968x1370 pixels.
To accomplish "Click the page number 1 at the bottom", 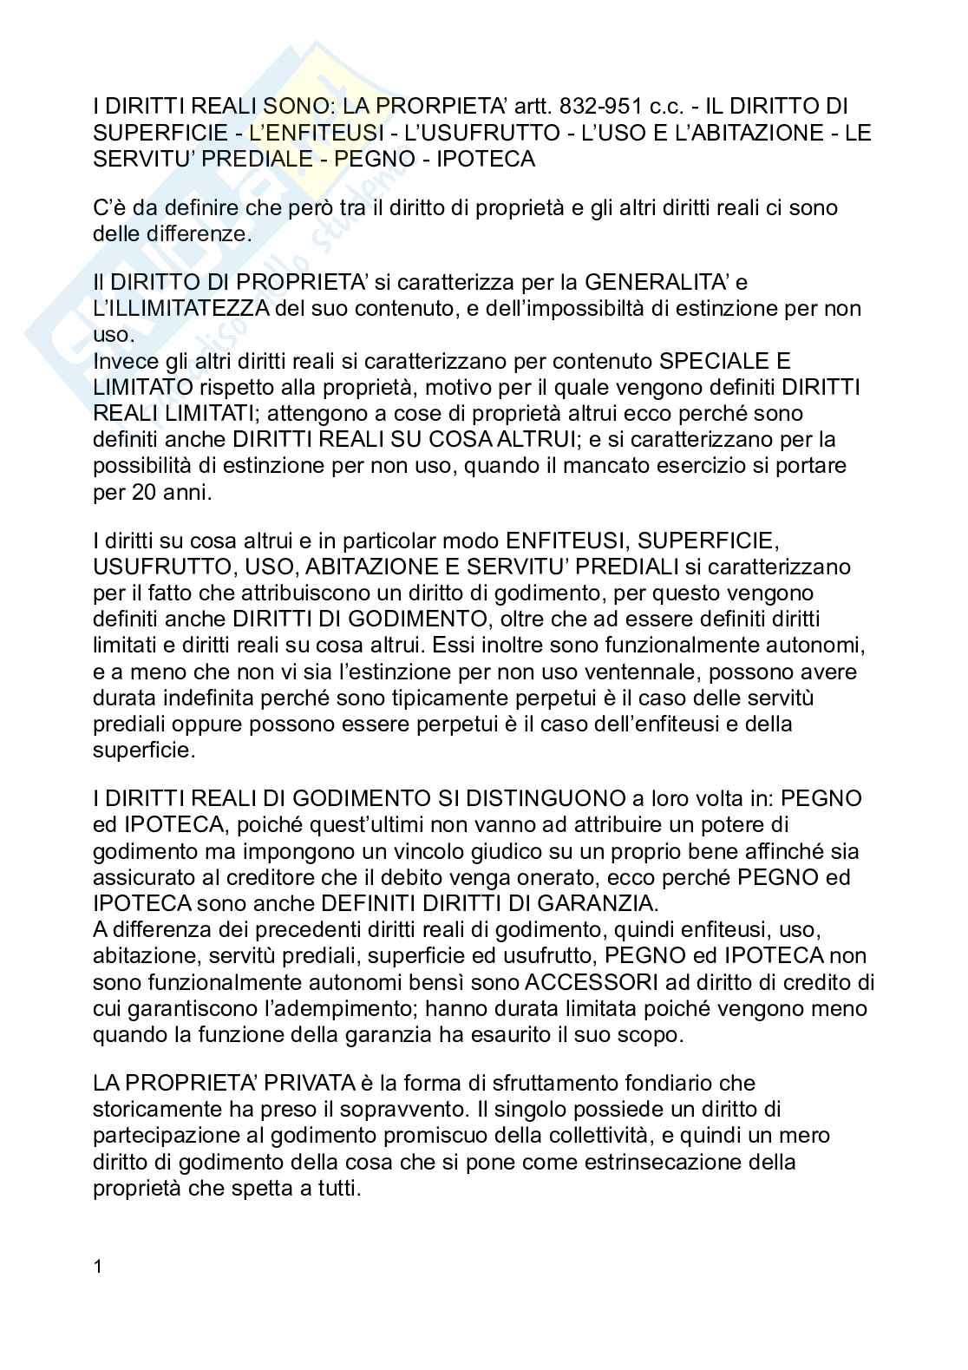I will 98,1266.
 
